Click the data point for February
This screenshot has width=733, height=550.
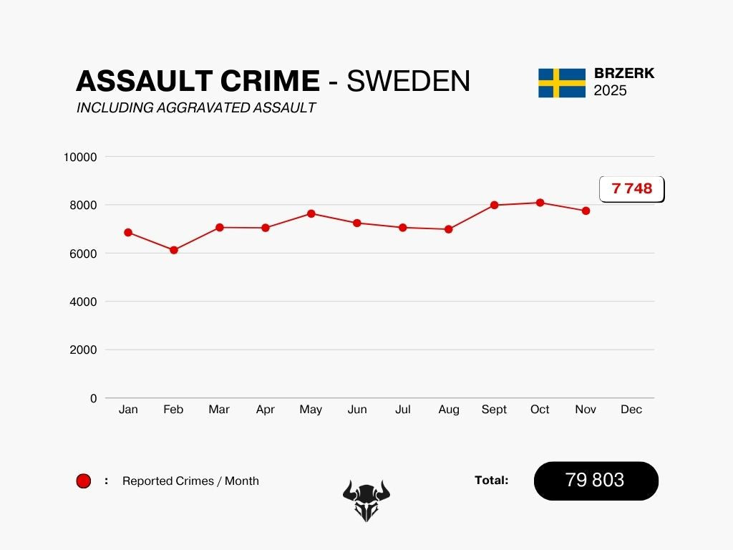point(173,250)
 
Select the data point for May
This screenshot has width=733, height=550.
point(311,213)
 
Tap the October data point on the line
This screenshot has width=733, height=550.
point(540,203)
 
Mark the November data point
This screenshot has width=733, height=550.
point(586,211)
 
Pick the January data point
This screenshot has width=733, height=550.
point(128,232)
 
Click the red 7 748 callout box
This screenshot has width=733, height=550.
point(631,189)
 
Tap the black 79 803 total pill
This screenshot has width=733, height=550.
point(596,481)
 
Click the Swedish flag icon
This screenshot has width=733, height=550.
point(562,83)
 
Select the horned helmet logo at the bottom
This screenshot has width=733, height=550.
point(366,500)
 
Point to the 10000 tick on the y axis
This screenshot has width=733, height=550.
point(80,157)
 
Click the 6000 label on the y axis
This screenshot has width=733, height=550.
point(83,254)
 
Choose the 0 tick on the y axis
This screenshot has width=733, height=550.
point(93,398)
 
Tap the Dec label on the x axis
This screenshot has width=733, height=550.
point(631,410)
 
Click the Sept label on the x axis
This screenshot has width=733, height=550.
point(494,410)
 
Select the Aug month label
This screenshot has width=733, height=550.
point(449,410)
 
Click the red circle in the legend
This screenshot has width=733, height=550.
point(84,481)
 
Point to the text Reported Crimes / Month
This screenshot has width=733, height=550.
point(190,481)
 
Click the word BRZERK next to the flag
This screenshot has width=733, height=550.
point(624,74)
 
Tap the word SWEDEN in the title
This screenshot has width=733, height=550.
point(408,82)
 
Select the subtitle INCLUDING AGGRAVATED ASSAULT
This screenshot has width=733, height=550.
point(196,108)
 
